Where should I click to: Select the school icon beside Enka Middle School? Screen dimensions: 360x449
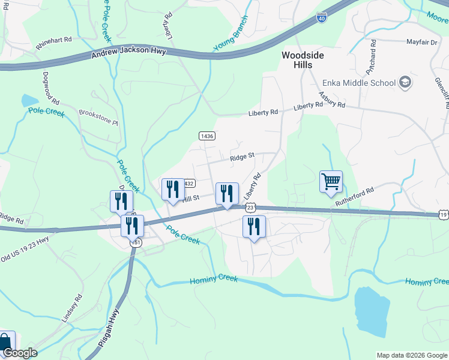405,83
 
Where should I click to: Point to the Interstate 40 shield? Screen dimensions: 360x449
322,19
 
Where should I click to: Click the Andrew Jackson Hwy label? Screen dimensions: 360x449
128,55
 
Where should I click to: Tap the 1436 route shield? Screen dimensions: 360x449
207,136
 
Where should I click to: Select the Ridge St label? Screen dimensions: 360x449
243,158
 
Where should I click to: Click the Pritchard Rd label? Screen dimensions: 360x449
373,55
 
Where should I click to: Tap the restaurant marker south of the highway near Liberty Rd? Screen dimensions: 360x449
254,227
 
